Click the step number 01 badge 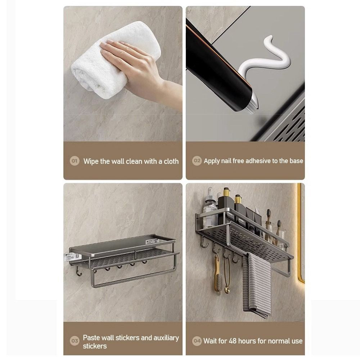point(75,161)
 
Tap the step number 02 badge point(197,161)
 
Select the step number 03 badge point(75,341)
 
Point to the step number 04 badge point(197,341)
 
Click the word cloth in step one point(171,161)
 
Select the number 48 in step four point(233,341)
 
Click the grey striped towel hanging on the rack point(257,285)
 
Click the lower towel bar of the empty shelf point(135,279)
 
